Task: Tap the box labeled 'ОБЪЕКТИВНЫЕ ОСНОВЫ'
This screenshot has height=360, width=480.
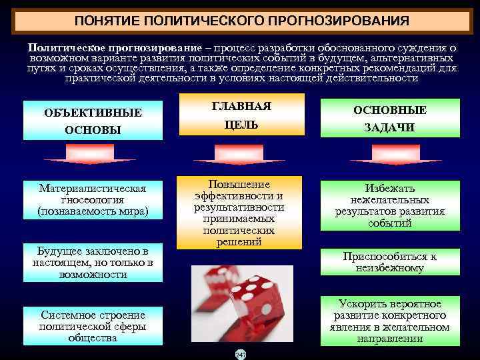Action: coord(93,121)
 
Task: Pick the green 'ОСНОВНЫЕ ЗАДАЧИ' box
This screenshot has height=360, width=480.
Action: coord(390,119)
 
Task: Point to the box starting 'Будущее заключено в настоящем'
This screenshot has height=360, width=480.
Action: coord(93,263)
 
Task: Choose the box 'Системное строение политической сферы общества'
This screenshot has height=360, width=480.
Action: coord(93,325)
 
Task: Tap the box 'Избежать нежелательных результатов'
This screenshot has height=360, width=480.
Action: coord(390,206)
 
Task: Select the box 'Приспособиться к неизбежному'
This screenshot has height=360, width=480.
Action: coord(390,263)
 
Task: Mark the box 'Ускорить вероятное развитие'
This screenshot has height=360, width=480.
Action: coord(390,321)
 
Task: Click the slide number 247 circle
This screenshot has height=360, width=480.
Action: coord(240,354)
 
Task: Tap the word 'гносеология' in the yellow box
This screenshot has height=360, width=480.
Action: coord(93,200)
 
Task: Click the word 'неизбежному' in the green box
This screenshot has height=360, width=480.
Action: coord(390,269)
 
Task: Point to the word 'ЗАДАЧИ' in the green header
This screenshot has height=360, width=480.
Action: coord(390,128)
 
